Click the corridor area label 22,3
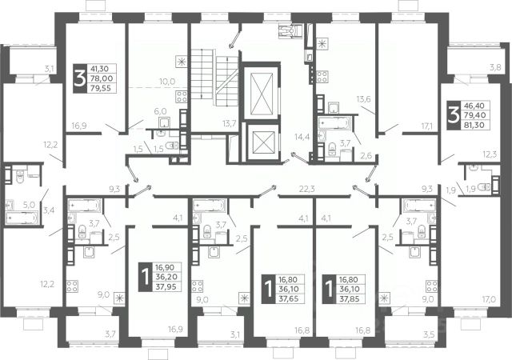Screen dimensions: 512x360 (x=307, y=189)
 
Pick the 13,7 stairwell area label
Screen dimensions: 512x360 (x=230, y=123)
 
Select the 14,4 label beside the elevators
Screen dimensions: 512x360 (x=302, y=136)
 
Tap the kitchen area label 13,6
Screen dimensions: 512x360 (x=363, y=99)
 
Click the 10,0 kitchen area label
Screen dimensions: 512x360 (x=167, y=82)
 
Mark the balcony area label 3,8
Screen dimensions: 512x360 (x=495, y=68)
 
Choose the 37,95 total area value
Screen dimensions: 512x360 (x=166, y=287)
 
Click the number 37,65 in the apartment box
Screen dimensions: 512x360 (x=290, y=298)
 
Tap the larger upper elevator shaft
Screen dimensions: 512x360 (x=262, y=93)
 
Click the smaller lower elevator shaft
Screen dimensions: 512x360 (x=263, y=142)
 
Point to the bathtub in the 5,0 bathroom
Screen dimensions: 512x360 (x=22, y=218)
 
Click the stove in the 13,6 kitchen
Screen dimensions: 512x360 (x=322, y=77)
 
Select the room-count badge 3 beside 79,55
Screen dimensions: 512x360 (x=80, y=78)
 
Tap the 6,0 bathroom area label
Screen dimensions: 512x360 (x=160, y=111)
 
